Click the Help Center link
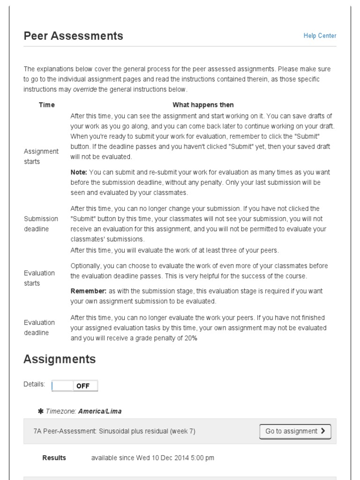coord(320,36)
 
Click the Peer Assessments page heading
coord(73,36)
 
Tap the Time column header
coord(46,105)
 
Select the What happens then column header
coord(203,105)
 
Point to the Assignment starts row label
coord(41,157)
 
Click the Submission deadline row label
coord(41,224)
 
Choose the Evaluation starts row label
coord(39,278)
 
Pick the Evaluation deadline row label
coord(39,327)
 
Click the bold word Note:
coord(79,172)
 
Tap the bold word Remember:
coord(86,291)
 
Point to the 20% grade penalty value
coord(191,338)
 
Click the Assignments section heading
coord(60,360)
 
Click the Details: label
coord(34,384)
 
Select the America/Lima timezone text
coord(100,411)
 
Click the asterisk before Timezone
coord(41,411)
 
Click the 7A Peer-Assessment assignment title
coord(114,431)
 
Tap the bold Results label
coord(54,457)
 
